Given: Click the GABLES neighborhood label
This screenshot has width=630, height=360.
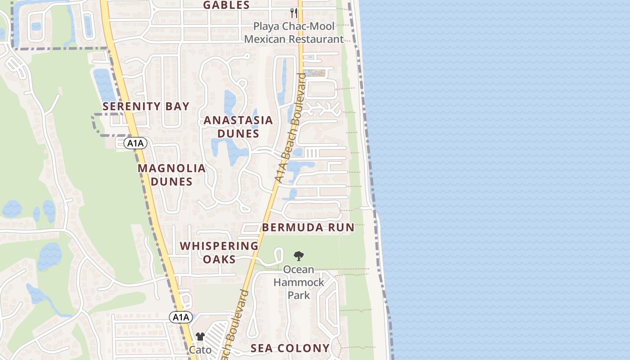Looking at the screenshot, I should (226, 5).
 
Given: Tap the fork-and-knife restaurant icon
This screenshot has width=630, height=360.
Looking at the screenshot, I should (294, 13).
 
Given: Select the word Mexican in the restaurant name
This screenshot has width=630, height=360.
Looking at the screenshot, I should (265, 39).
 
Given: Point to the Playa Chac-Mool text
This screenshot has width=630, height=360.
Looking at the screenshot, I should (294, 26).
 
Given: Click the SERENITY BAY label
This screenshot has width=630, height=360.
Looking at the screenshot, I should (146, 107).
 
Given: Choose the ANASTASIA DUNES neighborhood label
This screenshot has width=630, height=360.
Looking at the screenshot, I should (238, 127).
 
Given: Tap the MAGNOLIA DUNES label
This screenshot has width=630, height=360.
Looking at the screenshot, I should (171, 175).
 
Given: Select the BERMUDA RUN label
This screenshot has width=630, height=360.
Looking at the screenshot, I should (308, 228).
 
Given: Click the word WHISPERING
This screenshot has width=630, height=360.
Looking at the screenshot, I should (219, 246).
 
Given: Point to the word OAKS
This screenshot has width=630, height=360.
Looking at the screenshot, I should (219, 260).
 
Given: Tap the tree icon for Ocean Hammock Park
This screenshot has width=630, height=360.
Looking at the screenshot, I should (298, 256).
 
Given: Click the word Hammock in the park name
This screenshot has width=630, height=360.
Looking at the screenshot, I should (299, 283).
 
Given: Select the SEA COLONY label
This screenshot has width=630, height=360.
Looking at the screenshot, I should (290, 348).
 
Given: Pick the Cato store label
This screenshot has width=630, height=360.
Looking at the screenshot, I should (200, 350).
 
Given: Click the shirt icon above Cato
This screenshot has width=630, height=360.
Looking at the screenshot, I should (200, 337).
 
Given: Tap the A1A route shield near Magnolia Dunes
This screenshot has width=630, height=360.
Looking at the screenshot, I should (135, 144).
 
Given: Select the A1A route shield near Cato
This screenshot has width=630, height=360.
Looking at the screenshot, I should (181, 317).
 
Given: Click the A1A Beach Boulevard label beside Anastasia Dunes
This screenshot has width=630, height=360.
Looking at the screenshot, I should (291, 128).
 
